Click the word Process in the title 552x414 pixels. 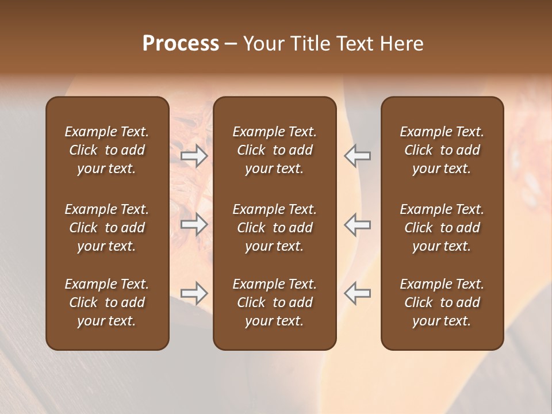[x=181, y=44]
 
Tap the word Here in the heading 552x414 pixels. [x=402, y=44]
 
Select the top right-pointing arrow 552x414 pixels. [x=194, y=156]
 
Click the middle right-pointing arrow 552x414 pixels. [x=194, y=224]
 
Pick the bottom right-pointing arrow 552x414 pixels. [x=194, y=293]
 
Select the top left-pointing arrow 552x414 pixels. [x=357, y=156]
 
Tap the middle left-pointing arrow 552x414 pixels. [x=357, y=224]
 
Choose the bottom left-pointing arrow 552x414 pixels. [x=357, y=293]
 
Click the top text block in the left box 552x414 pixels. [x=107, y=150]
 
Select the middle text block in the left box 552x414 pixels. [x=107, y=228]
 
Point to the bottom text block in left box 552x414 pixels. [x=107, y=302]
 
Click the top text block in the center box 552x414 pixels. [x=274, y=150]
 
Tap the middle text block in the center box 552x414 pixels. [x=274, y=228]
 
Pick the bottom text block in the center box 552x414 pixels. [x=274, y=302]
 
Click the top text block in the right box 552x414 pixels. [x=442, y=150]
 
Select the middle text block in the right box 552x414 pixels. [x=442, y=228]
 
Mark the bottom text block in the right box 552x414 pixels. [x=442, y=302]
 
